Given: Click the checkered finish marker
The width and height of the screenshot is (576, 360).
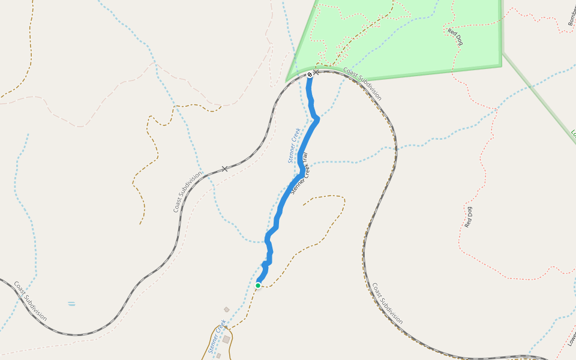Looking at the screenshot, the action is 310,74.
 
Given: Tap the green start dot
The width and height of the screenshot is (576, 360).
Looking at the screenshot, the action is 258,286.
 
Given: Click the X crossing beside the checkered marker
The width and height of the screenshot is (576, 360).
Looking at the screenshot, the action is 316,73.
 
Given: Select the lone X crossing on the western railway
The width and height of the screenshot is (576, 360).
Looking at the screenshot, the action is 225,169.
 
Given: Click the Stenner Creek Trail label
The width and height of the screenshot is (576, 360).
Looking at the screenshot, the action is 299,174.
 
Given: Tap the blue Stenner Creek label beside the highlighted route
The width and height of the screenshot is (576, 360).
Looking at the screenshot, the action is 293,145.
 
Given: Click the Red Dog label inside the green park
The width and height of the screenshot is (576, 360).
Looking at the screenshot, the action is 455,37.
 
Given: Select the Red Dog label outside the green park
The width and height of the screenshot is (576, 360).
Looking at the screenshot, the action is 469,217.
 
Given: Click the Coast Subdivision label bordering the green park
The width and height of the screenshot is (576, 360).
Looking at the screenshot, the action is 362,84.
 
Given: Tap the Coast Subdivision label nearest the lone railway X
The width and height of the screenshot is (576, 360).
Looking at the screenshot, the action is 187,192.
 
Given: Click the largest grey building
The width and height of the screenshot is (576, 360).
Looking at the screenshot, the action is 226,339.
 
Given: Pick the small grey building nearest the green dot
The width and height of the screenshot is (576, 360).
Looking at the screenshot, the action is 227,310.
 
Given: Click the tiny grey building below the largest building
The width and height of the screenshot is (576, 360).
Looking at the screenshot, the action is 218,356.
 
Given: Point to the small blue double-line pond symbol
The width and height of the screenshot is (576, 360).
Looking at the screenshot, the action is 71,304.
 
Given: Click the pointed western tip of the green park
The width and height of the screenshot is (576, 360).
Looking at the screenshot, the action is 287,80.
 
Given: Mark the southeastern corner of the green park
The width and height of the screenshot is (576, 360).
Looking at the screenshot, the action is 501,65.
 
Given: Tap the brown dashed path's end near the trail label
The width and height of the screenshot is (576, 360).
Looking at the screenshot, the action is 304,205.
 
